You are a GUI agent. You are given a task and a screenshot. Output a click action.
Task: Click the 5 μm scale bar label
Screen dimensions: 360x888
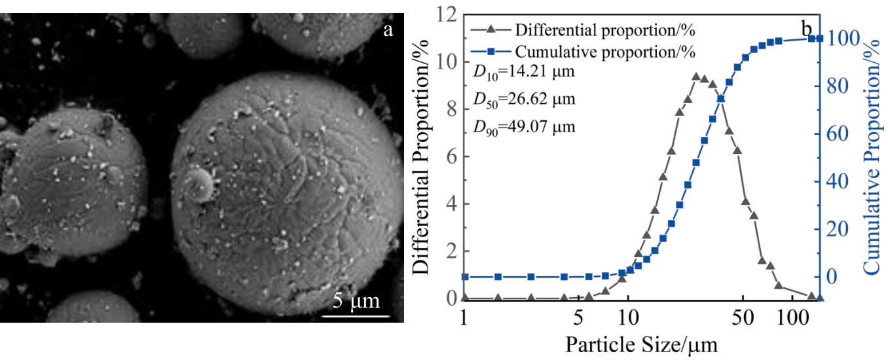[x=356, y=301]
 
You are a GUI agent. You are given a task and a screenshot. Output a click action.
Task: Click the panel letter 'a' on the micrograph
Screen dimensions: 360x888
[x=388, y=29]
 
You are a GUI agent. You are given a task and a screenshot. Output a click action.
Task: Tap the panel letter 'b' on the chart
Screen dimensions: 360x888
[x=807, y=28]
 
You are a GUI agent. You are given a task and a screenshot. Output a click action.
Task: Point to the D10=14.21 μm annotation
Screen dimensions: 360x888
[x=523, y=72]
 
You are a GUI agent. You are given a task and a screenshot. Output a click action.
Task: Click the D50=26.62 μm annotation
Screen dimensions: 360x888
[x=523, y=99]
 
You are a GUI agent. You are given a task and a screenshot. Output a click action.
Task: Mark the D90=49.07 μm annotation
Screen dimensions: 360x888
[x=523, y=127]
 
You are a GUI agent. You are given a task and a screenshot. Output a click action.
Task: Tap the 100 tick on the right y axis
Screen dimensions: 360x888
[x=840, y=39]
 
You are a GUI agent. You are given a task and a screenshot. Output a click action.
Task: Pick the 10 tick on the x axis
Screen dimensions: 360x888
[x=628, y=323]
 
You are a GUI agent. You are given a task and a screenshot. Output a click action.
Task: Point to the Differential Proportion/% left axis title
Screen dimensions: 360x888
[x=421, y=156]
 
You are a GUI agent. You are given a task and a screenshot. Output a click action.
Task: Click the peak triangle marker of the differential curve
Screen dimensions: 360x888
[x=696, y=77]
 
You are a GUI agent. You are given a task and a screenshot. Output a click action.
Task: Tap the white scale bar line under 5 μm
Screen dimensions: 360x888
[x=356, y=317]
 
